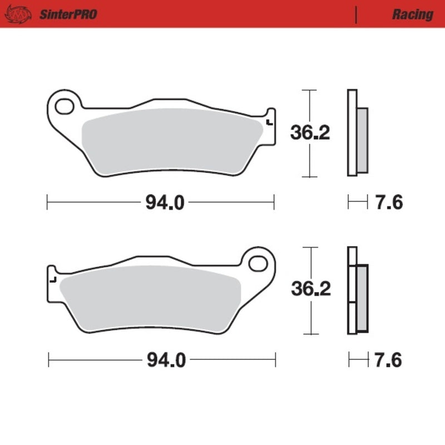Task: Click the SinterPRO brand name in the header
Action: (68, 14)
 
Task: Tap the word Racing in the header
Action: (412, 14)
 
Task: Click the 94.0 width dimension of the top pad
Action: (165, 203)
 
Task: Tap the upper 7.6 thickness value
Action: (389, 203)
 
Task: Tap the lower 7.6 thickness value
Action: (389, 360)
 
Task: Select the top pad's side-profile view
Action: (356, 133)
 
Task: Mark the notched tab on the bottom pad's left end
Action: (53, 276)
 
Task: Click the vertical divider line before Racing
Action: (355, 14)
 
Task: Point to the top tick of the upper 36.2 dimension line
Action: (308, 90)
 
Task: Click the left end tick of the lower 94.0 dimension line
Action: (49, 360)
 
